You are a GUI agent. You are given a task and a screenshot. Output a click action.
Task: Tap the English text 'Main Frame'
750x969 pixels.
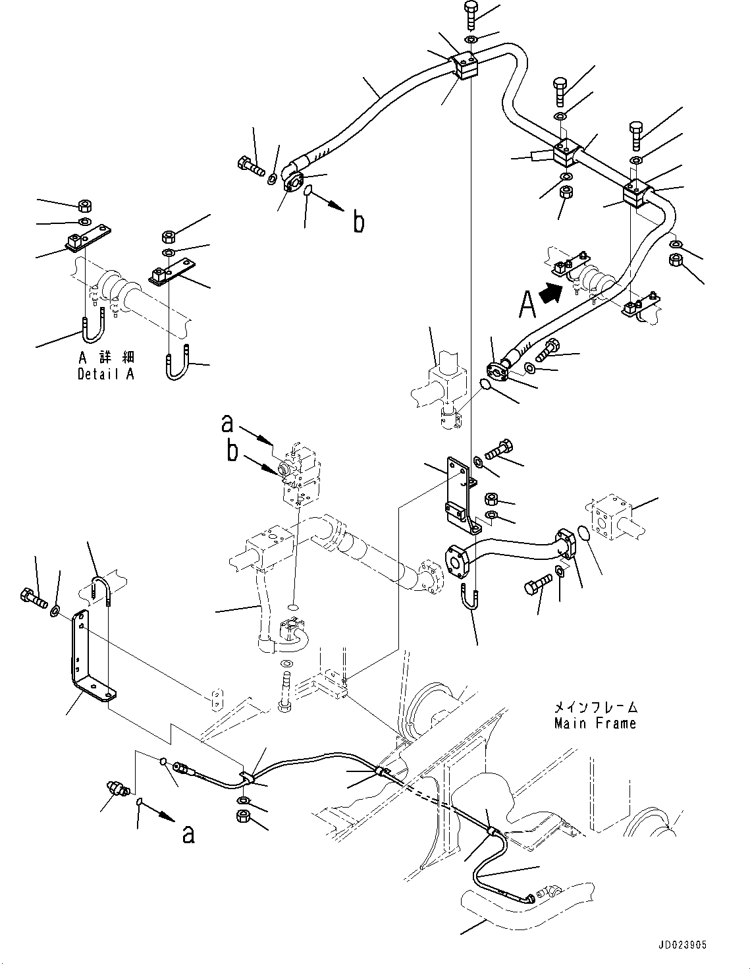[x=595, y=723]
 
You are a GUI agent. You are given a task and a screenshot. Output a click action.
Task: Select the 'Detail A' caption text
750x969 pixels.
[x=105, y=374]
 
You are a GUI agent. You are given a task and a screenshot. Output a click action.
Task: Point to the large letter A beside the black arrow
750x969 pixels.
[x=527, y=304]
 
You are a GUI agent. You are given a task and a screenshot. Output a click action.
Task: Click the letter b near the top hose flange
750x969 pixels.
[x=358, y=222]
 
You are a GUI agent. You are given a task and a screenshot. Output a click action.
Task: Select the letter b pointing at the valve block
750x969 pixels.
[x=232, y=453]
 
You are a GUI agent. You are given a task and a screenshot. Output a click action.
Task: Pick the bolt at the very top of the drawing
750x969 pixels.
[x=472, y=14]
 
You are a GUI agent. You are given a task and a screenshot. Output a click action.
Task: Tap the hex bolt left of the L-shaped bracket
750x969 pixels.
[x=33, y=597]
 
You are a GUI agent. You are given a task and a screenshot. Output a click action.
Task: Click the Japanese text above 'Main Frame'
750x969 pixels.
[x=595, y=707]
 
